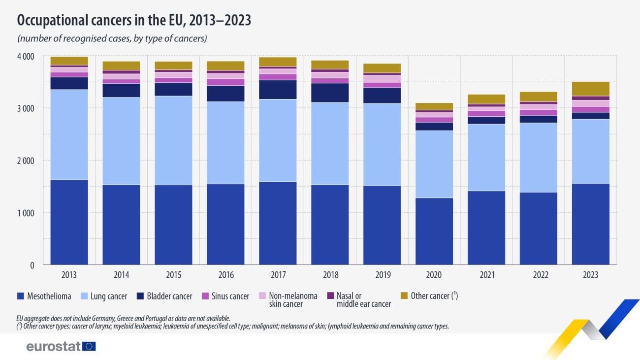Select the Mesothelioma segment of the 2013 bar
click(69, 222)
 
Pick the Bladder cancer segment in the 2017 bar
click(278, 90)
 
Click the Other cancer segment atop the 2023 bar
click(590, 89)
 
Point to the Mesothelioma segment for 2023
click(590, 224)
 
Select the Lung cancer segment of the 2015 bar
click(173, 140)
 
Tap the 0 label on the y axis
click(32, 265)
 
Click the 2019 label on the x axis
click(382, 275)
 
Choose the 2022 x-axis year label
click(538, 275)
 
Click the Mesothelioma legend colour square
click(21, 296)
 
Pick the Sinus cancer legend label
click(231, 296)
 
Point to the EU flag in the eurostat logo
click(89, 346)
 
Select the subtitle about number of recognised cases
click(112, 38)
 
